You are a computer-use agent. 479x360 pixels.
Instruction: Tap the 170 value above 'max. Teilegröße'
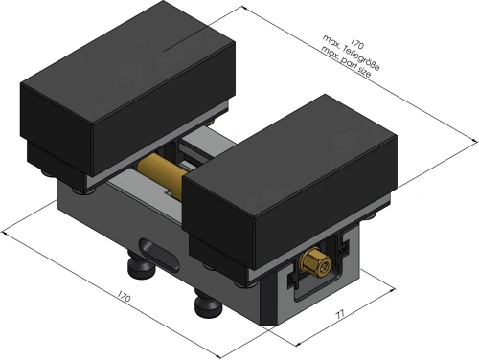356,43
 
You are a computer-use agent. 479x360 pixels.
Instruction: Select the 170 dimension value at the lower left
124,296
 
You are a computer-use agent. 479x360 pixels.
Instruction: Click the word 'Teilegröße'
361,58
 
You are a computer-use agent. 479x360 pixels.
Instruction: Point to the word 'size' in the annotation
364,72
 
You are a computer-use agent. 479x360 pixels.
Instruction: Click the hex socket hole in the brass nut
324,267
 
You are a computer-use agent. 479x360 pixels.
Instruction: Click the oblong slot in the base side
160,255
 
